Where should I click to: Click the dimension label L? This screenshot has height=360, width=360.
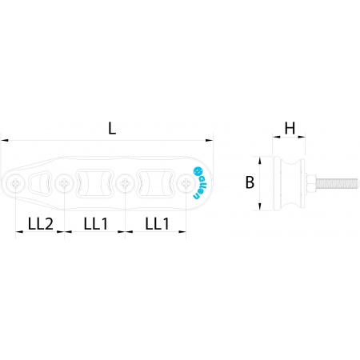(x=112, y=128)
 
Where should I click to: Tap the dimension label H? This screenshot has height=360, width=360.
(x=290, y=128)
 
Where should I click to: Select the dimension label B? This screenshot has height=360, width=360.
(x=250, y=182)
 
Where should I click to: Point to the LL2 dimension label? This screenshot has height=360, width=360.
(x=41, y=224)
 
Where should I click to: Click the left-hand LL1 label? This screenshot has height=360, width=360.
(x=96, y=224)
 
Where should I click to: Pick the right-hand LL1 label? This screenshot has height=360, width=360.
(x=157, y=224)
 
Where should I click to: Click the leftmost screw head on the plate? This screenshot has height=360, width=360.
(x=16, y=183)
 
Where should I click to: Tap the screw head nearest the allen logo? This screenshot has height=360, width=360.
(x=186, y=183)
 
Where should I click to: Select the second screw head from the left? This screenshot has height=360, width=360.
(x=64, y=183)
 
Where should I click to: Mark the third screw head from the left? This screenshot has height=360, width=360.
(x=125, y=183)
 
